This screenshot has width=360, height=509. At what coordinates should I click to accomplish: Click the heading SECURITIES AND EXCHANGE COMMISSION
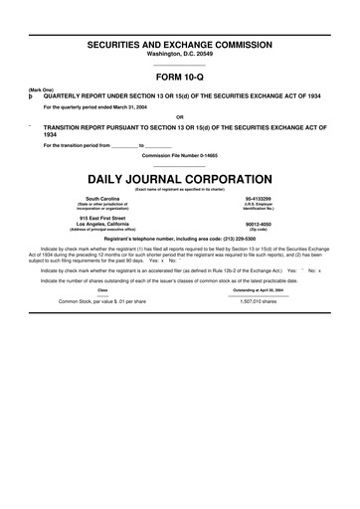point(180,47)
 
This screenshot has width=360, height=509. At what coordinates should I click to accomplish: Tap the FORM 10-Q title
point(180,77)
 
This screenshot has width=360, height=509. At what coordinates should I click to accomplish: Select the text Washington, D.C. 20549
point(180,56)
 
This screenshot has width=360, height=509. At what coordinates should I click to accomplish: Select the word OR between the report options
point(180,116)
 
